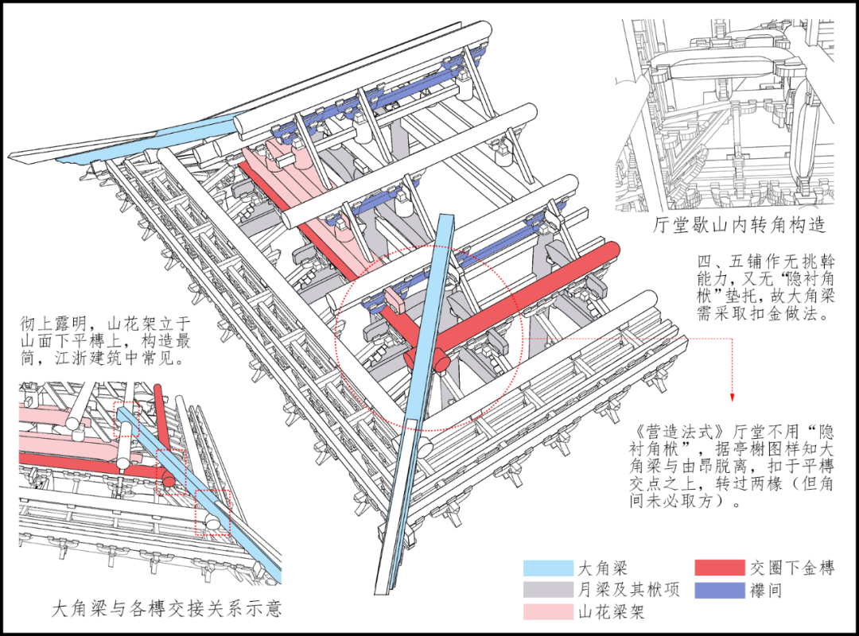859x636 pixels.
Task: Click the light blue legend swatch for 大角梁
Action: [x=548, y=568]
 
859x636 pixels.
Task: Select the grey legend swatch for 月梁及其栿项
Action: [x=548, y=590]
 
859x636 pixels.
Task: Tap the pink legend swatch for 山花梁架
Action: [x=548, y=611]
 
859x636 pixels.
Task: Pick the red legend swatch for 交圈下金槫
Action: [x=719, y=568]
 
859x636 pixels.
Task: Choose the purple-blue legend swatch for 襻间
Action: [x=719, y=590]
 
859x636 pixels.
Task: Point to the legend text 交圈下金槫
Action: [x=792, y=568]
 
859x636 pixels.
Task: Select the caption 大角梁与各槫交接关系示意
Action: [x=167, y=610]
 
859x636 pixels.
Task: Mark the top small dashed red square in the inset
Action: [x=126, y=418]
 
